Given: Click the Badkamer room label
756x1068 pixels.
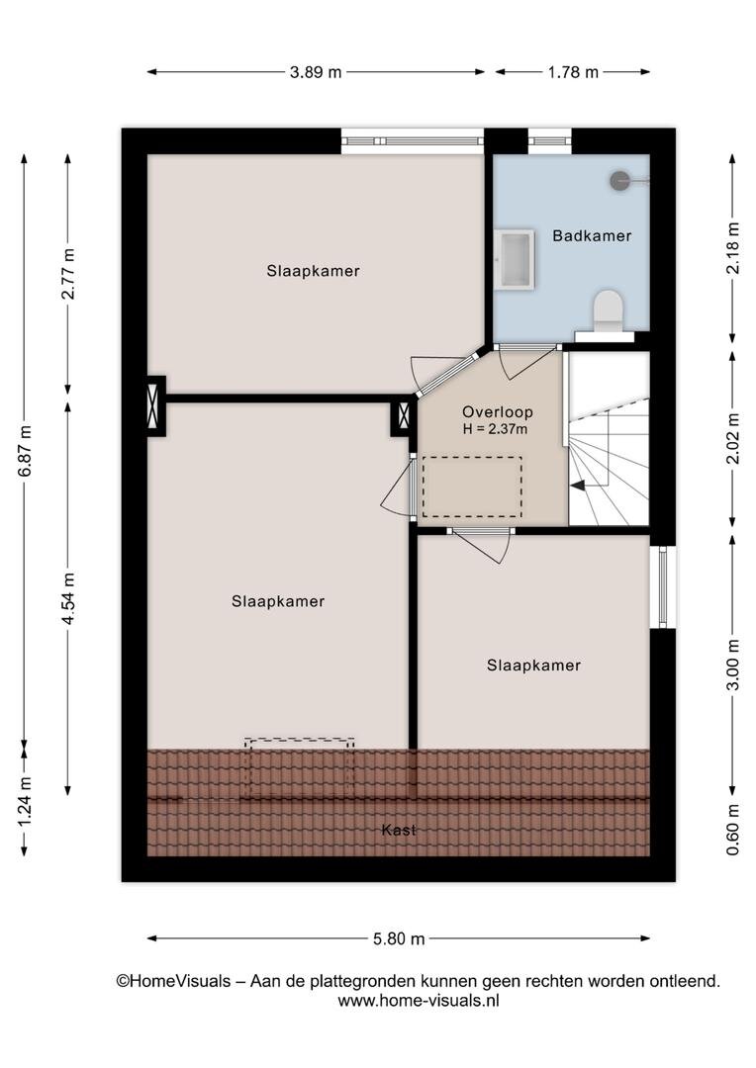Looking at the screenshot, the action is [592, 235].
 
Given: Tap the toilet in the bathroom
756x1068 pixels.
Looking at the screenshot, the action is [609, 311].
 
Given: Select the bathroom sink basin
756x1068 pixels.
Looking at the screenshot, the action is [514, 259].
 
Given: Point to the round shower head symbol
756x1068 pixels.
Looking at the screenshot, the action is [619, 181].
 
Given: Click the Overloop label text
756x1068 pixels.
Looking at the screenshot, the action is [498, 411].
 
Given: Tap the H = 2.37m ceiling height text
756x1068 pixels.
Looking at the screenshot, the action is [495, 429].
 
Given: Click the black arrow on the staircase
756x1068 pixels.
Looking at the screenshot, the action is [578, 486].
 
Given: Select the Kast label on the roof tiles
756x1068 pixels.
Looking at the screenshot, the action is [399, 830].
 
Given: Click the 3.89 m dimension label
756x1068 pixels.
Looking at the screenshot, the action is [316, 72].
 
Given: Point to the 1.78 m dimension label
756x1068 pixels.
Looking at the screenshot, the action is [573, 72].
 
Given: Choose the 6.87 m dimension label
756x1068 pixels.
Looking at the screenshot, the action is [25, 452].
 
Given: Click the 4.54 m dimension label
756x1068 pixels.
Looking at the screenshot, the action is [68, 598].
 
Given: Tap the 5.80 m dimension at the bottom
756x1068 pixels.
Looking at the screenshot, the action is [399, 938].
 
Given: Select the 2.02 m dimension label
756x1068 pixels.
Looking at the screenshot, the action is [733, 439].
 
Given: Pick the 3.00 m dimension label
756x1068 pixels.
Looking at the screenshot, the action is [733, 665].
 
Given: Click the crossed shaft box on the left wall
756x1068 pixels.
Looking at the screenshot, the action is [156, 406].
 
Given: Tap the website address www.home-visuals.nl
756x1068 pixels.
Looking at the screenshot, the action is [419, 1001].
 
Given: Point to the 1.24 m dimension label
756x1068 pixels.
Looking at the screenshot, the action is [25, 802].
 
